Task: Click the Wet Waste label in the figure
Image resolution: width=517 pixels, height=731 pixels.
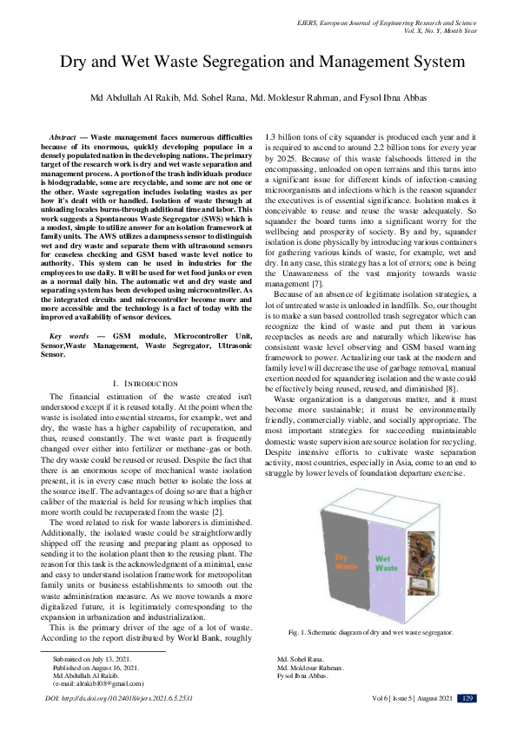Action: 386,539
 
